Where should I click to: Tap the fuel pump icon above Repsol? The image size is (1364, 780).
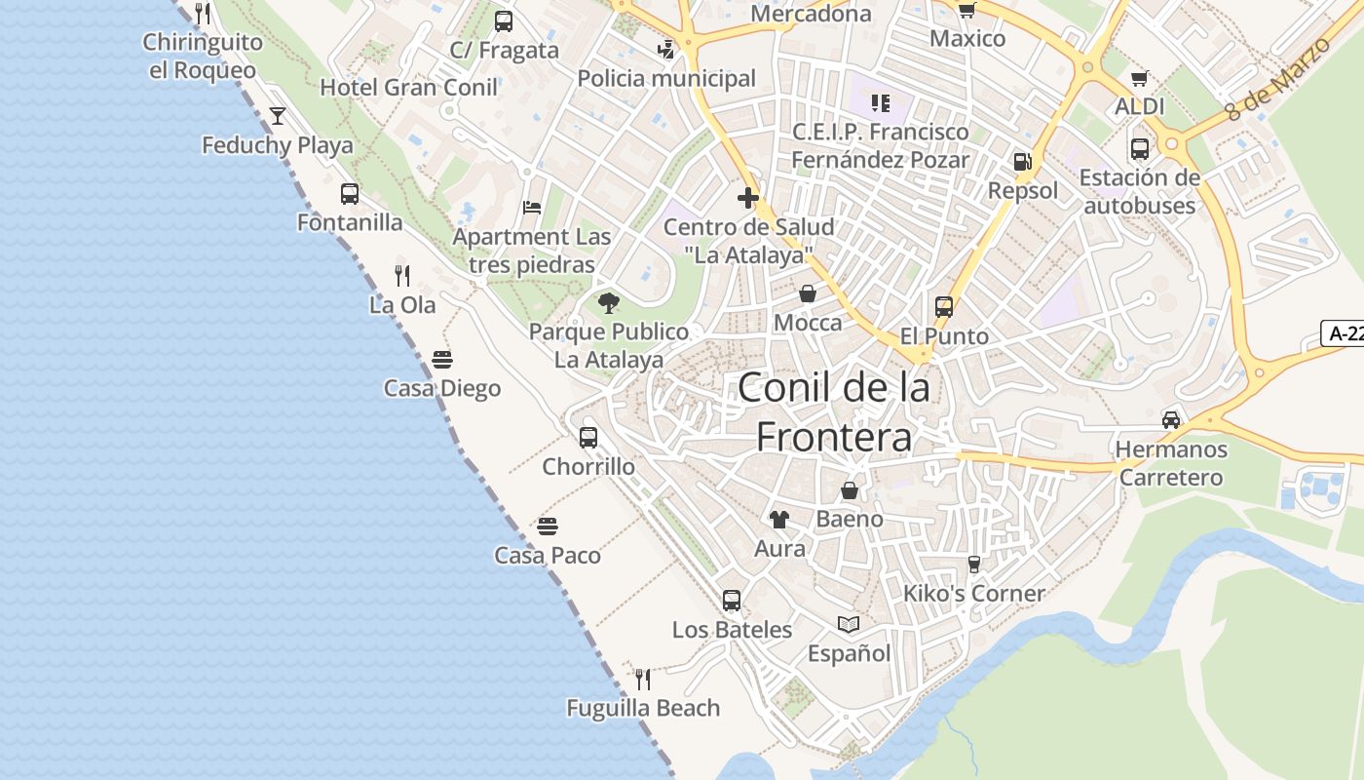click(1022, 162)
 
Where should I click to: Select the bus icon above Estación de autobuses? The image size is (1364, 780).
click(1140, 149)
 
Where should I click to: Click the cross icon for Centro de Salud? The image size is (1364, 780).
click(748, 198)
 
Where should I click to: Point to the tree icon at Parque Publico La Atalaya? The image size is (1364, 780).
click(609, 302)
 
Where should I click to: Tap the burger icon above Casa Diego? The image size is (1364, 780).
click(442, 360)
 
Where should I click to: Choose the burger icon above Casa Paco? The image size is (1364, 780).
click(548, 526)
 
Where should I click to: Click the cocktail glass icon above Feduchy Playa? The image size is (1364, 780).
click(278, 116)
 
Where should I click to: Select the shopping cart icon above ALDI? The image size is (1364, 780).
click(1140, 78)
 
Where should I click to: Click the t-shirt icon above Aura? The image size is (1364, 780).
click(778, 520)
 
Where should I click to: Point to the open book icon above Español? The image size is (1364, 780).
click(849, 624)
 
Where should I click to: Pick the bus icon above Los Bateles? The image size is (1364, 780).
click(732, 601)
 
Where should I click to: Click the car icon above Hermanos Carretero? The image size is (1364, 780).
click(1171, 420)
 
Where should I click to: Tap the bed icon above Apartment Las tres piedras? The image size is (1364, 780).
click(532, 208)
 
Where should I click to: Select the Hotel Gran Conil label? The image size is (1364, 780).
click(409, 87)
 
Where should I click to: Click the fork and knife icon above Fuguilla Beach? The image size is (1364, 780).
click(643, 679)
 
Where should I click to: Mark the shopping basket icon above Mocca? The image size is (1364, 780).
click(808, 293)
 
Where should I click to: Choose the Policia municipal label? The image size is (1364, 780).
click(666, 78)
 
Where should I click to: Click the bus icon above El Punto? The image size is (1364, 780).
click(943, 307)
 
